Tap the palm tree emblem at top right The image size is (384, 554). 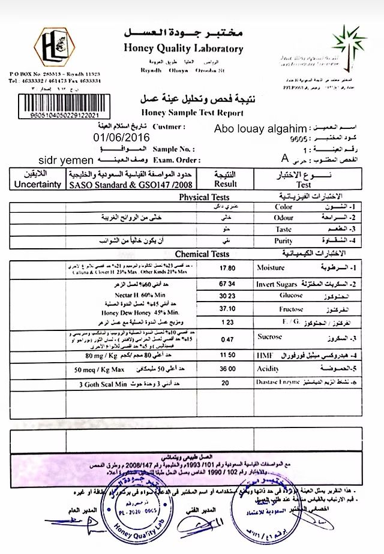pos(347,45)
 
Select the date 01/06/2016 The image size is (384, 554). pos(122,137)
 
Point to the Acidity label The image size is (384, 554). pos(270,370)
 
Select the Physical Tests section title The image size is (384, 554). pos(196,196)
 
